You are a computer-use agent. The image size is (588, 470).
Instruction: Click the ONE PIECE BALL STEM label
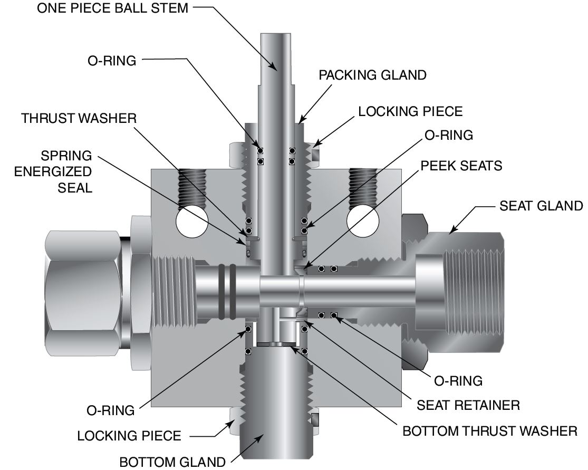[112, 9]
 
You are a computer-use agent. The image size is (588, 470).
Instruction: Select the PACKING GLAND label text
[372, 75]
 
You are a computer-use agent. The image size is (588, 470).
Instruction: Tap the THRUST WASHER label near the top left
[79, 118]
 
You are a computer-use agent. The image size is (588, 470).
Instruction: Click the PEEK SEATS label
[461, 166]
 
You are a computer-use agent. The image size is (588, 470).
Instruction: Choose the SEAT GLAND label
[541, 205]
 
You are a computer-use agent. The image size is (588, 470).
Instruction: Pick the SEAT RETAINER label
[468, 405]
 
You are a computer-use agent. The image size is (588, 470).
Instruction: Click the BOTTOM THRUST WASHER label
[490, 431]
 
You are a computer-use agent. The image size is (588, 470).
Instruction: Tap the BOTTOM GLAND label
[172, 462]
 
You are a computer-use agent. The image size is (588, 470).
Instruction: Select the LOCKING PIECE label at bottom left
[129, 436]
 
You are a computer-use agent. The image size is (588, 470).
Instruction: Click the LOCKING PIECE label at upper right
[410, 111]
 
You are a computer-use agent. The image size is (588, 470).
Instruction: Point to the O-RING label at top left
[111, 60]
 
